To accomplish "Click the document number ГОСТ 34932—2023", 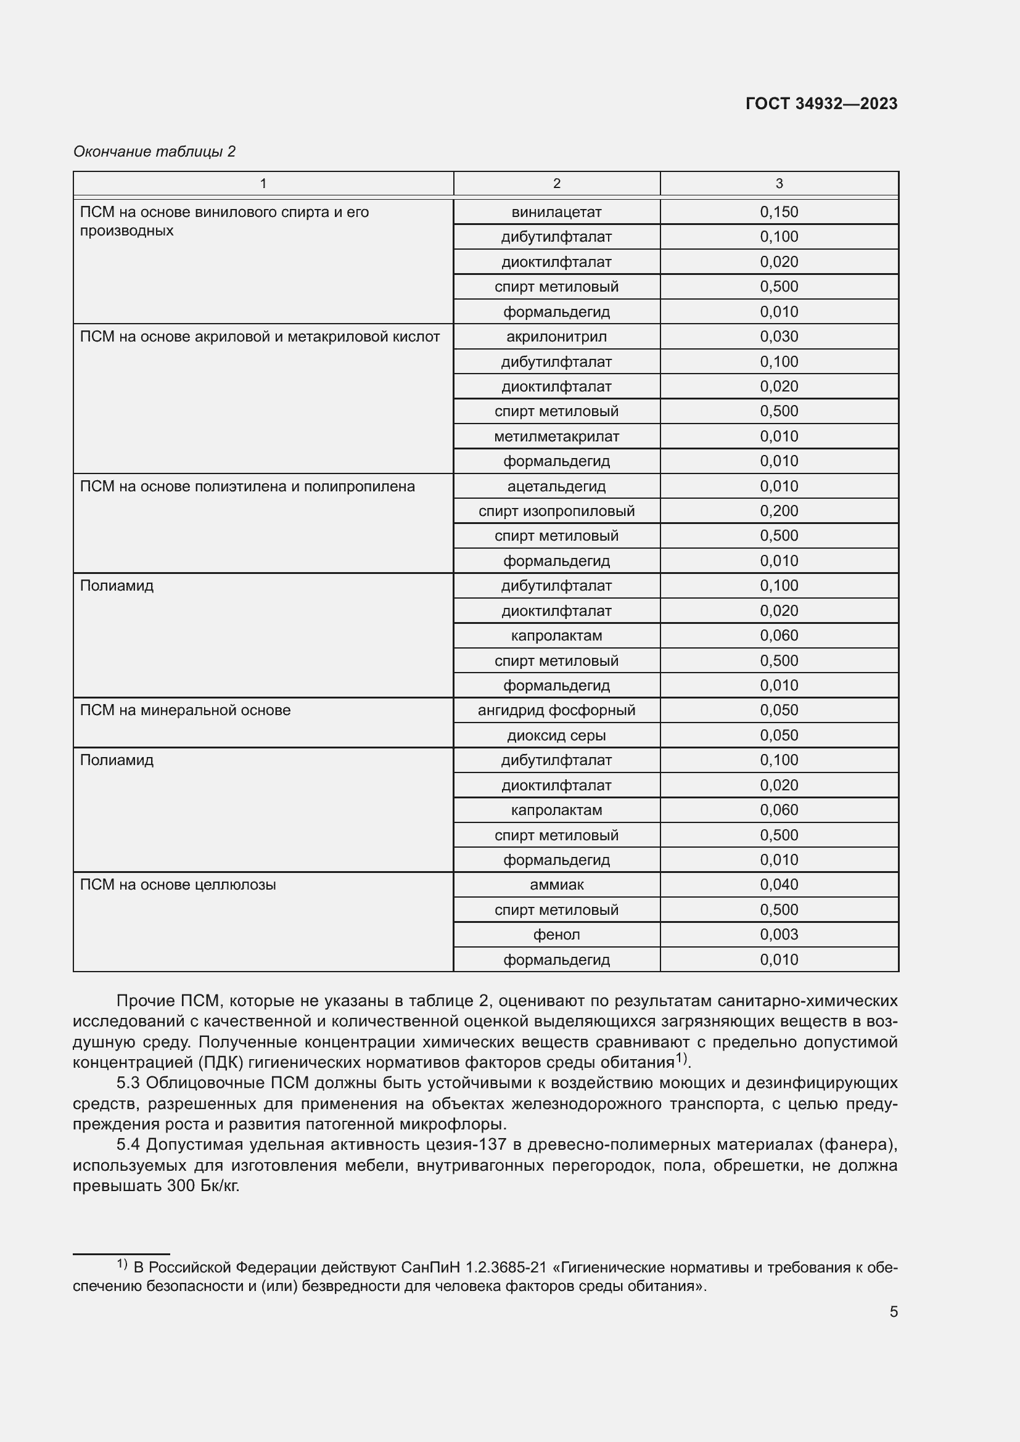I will coord(821,104).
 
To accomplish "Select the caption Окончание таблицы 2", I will coord(155,152).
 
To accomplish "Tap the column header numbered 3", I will coord(779,183).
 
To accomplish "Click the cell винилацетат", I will coord(556,212).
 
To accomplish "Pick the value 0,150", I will coord(779,212).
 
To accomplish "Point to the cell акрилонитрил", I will coord(556,337).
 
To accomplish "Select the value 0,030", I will coord(779,337).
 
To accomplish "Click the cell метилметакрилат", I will coord(556,436).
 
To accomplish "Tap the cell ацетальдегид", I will coord(556,486).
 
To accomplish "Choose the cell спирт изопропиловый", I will coord(556,511).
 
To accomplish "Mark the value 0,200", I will coord(779,511).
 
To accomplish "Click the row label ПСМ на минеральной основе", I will coord(185,710).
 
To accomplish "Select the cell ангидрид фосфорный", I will coord(556,710).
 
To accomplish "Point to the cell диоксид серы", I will coord(556,735).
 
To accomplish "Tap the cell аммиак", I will coord(556,885).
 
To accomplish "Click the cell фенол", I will coord(556,935).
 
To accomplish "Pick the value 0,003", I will coord(779,935).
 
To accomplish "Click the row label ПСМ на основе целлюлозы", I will coord(178,885).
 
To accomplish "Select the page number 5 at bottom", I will coord(893,1312).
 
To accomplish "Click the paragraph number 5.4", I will coord(128,1145).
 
